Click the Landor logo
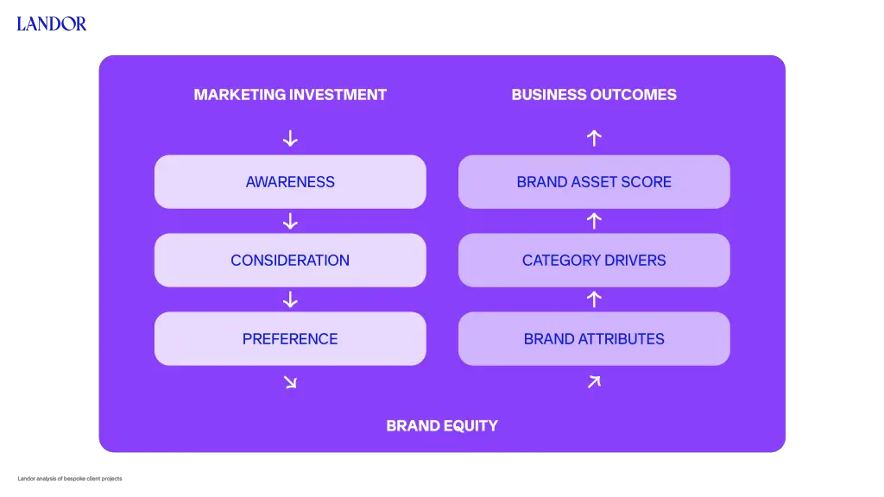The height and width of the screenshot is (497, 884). [x=51, y=23]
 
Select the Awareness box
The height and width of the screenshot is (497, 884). [x=290, y=182]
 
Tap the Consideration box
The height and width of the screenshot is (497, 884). [x=290, y=261]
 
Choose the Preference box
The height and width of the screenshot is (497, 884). [x=290, y=338]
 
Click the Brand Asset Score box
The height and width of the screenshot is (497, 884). [x=594, y=182]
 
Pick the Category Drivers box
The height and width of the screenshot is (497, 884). [x=594, y=261]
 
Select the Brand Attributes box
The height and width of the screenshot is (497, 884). [x=594, y=338]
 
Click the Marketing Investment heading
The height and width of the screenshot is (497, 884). [x=290, y=95]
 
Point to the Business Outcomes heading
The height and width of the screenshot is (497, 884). [x=594, y=95]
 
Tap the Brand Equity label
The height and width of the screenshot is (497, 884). [x=442, y=426]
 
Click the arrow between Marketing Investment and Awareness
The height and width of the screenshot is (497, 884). [x=290, y=139]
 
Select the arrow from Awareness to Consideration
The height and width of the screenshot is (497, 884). [x=290, y=222]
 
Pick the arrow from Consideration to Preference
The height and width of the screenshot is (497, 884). [x=290, y=299]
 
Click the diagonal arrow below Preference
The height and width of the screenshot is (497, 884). [x=290, y=382]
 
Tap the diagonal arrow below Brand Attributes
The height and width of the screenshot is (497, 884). [x=594, y=382]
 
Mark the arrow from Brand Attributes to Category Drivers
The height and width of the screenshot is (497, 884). [x=594, y=299]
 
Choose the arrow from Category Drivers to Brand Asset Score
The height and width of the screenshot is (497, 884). [x=594, y=221]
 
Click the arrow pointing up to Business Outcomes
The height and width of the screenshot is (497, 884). [x=594, y=138]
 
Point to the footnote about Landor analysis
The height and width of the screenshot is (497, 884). [x=70, y=478]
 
